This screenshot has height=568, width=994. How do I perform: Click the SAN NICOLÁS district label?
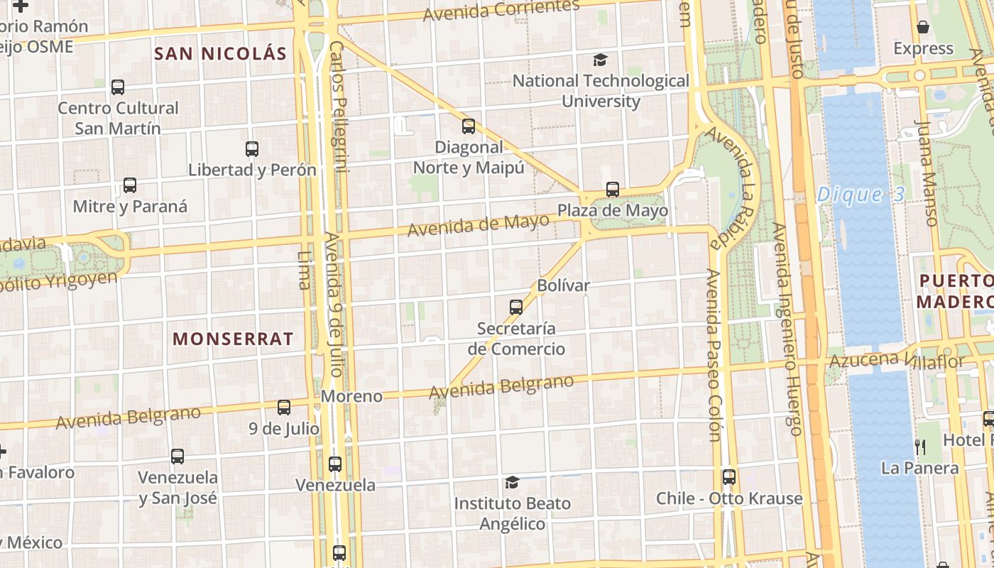tap(220, 54)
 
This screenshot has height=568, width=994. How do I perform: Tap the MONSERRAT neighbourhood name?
tap(233, 339)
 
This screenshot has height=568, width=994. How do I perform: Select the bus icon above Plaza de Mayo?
tap(613, 190)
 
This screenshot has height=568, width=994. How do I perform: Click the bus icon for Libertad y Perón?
tap(252, 149)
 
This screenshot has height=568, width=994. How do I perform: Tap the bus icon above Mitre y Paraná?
tap(130, 185)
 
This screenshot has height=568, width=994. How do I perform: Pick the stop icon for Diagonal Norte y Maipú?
tap(469, 126)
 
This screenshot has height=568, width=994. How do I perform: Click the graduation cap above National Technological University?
tap(601, 60)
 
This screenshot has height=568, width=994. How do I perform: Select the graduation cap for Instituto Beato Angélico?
tap(512, 483)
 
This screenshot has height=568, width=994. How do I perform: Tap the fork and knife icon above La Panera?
tap(920, 447)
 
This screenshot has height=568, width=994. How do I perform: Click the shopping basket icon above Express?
tap(923, 27)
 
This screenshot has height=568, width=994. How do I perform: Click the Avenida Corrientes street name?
tap(501, 10)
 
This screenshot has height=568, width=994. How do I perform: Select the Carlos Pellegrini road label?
tap(339, 106)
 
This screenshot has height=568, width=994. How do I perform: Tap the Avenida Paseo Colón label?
tap(714, 355)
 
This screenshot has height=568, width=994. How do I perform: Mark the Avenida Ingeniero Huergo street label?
tap(787, 329)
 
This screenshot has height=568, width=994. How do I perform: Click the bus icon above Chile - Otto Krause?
tap(729, 477)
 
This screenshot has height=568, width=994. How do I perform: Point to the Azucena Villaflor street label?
tap(897, 360)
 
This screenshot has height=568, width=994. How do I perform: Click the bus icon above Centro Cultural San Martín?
tap(118, 87)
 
